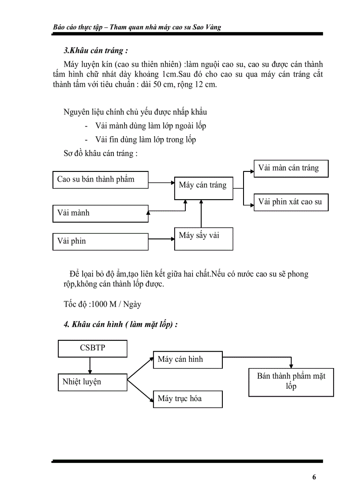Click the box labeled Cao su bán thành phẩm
(100, 180)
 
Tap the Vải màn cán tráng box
(291, 168)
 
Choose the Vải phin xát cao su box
(291, 202)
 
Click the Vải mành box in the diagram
(100, 213)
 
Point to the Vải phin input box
(100, 242)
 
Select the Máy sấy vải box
(203, 238)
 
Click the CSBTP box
(93, 348)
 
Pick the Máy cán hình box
(187, 360)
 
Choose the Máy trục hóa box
(187, 399)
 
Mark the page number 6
(314, 477)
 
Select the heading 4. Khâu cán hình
(120, 325)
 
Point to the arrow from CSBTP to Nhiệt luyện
(90, 365)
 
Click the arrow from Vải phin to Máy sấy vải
(161, 239)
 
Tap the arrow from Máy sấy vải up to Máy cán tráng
(201, 214)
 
